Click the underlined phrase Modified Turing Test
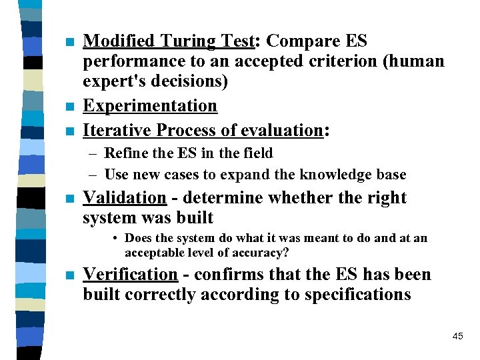(x=169, y=41)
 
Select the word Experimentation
(x=150, y=106)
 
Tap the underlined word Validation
(x=124, y=198)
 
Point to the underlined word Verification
(x=131, y=275)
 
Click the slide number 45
(x=457, y=336)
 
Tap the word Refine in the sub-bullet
(x=127, y=153)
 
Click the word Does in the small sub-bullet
(x=139, y=238)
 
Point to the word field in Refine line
(x=259, y=153)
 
